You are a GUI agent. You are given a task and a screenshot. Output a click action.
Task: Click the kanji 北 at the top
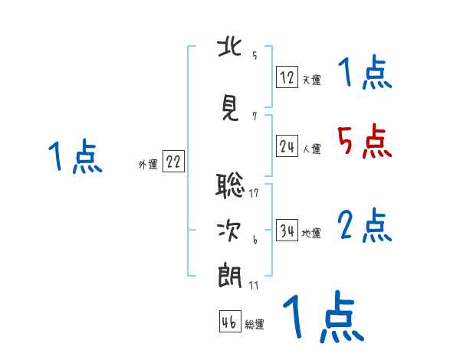click(230, 47)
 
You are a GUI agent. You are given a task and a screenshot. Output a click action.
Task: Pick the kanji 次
click(230, 229)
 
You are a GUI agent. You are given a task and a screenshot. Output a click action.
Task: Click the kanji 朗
click(230, 275)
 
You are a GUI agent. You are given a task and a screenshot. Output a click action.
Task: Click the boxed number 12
click(287, 77)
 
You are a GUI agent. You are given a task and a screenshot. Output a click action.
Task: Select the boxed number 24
click(287, 147)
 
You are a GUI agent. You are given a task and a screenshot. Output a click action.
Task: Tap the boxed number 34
click(287, 231)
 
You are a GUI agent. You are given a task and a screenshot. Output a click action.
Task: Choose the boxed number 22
click(173, 162)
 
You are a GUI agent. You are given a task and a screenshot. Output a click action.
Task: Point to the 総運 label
click(255, 325)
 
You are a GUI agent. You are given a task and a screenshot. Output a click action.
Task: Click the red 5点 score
click(364, 140)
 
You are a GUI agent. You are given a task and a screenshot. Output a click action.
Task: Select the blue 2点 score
click(364, 226)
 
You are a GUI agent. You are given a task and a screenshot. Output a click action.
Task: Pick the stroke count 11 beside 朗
click(254, 285)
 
